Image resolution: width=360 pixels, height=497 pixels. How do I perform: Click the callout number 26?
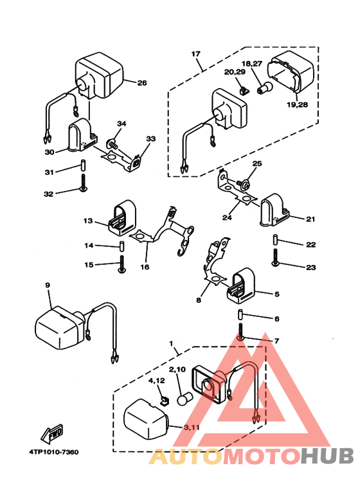tap(142, 83)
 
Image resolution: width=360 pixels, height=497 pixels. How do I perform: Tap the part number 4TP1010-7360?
tap(54, 452)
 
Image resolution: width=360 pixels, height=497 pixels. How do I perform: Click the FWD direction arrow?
tap(52, 433)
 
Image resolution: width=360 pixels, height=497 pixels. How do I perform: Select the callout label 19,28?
tap(297, 104)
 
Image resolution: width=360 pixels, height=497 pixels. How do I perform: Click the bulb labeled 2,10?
tap(185, 399)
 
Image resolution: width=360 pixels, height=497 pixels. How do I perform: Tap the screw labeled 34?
tap(113, 144)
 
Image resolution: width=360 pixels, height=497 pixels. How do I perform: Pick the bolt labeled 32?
tap(84, 183)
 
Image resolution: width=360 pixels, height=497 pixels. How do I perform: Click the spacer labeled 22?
tap(275, 240)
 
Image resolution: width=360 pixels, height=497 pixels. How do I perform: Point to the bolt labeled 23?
tap(275, 257)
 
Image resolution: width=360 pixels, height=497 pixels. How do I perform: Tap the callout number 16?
tap(145, 267)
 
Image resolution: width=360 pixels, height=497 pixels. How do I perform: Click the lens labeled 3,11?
tap(146, 419)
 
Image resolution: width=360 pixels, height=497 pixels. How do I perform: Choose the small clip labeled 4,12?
tap(164, 401)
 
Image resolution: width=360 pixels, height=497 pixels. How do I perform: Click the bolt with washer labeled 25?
tap(243, 183)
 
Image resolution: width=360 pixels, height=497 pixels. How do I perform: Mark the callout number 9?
tap(48, 285)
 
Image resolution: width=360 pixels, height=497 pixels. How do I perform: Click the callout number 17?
tap(196, 54)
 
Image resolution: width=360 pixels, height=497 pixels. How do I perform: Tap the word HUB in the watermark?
tap(327, 456)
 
